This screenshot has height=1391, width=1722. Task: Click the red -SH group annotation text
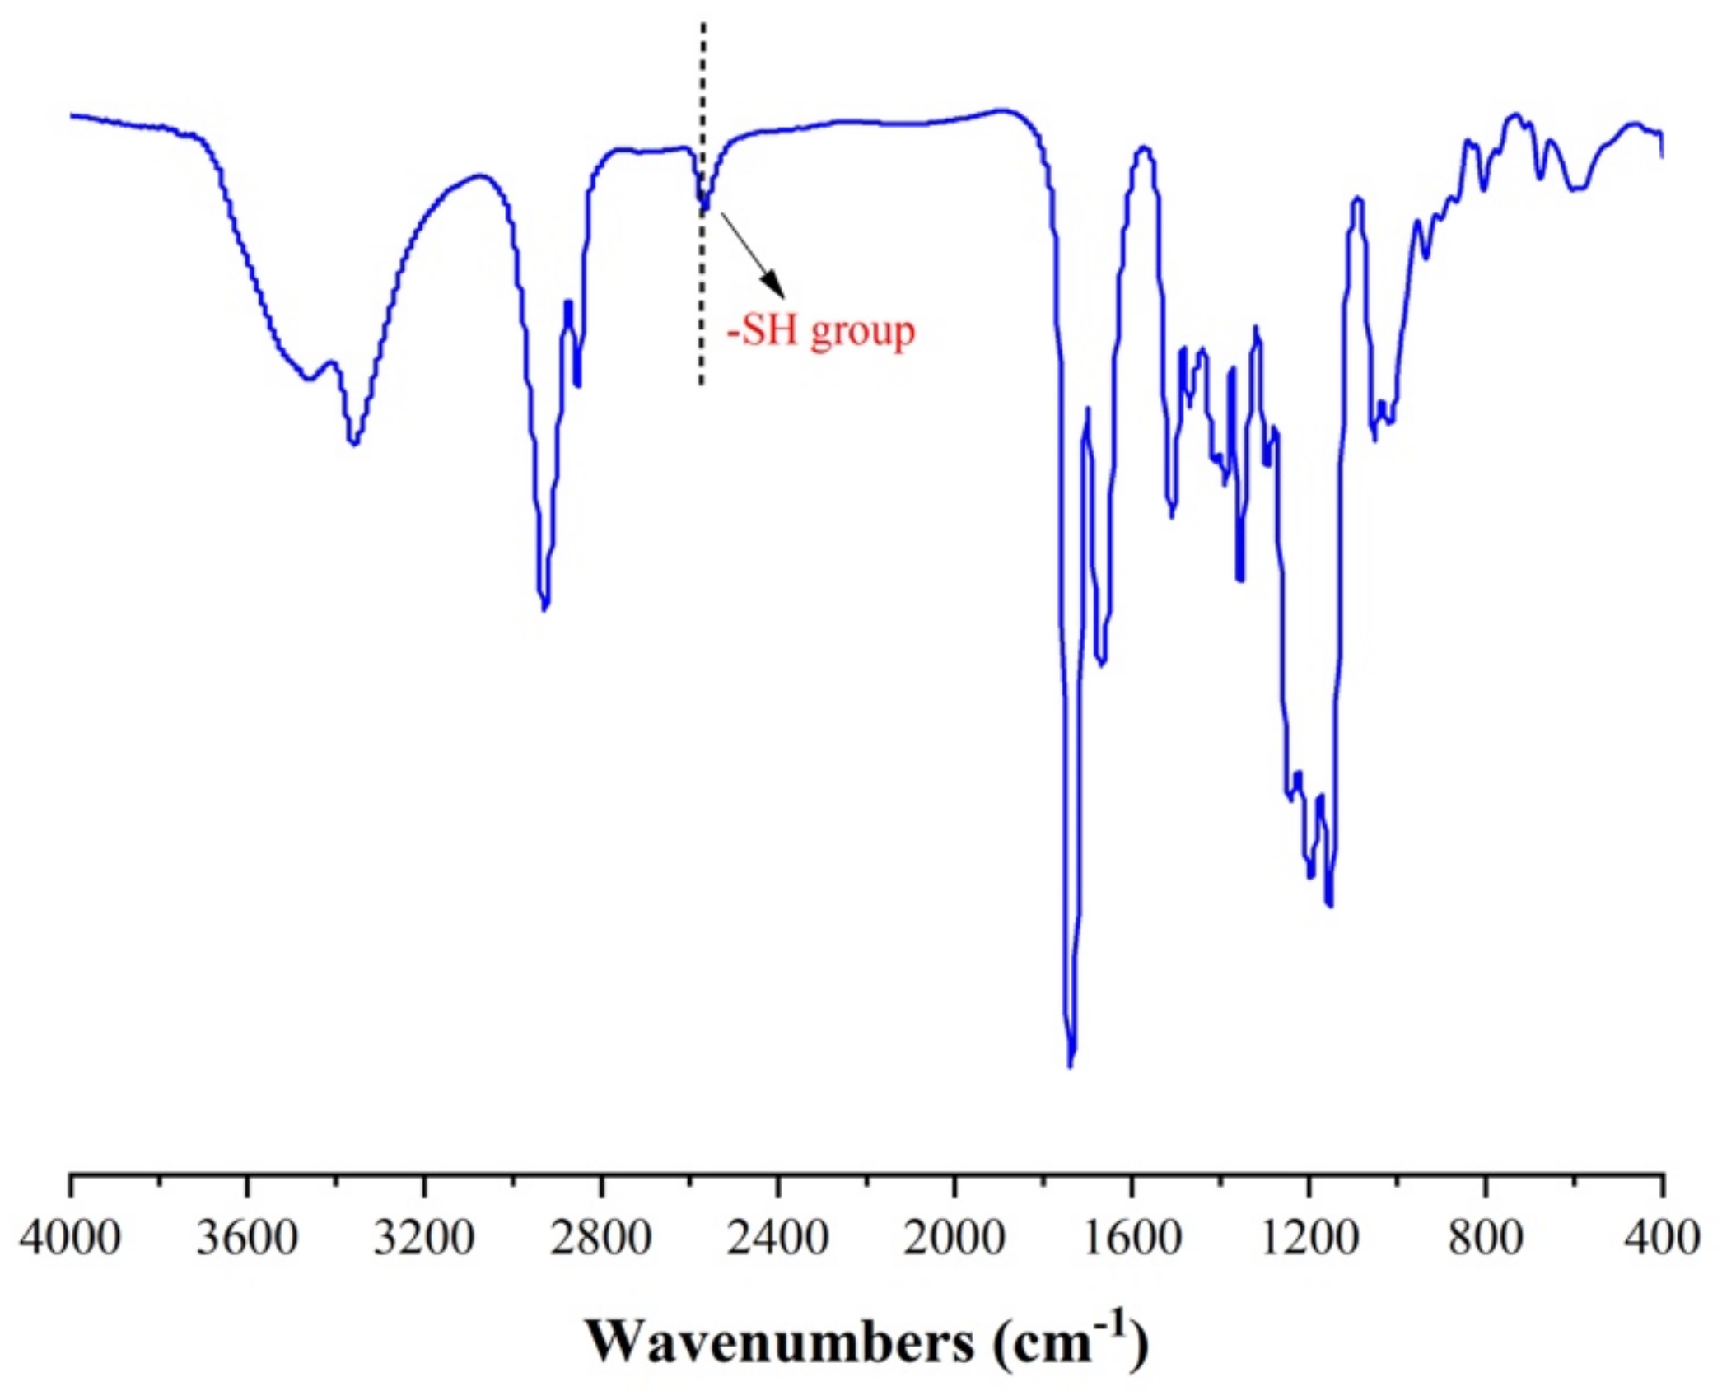coord(820,332)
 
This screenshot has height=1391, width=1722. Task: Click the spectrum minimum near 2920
coord(544,609)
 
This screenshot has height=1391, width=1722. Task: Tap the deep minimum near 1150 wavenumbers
coord(1328,904)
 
